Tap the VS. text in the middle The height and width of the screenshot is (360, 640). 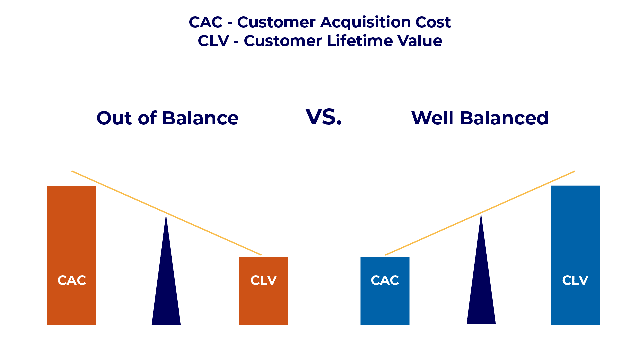click(x=324, y=117)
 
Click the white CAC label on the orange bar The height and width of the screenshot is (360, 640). click(x=72, y=280)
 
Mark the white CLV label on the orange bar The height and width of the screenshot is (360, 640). click(x=263, y=280)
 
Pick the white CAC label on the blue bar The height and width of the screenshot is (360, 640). click(x=385, y=280)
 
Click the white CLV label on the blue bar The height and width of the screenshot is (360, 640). click(x=575, y=280)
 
